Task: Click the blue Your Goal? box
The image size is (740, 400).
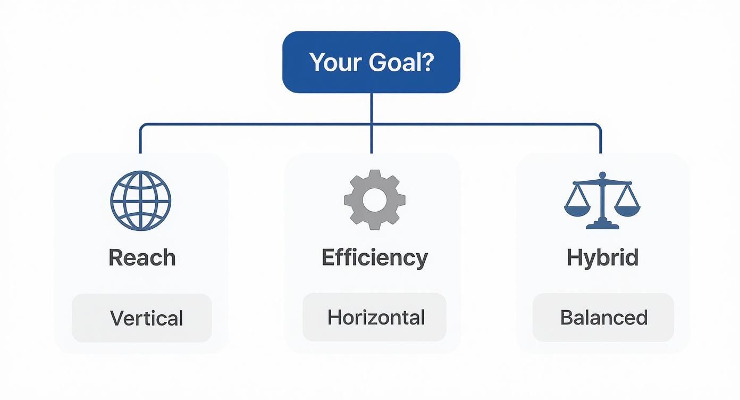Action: point(371,62)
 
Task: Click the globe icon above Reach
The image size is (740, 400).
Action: point(141,201)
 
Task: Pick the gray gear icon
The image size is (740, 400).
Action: point(374,200)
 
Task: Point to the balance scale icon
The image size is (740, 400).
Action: point(602,201)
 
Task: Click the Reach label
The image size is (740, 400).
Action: point(142,258)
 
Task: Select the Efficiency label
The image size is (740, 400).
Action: point(374,258)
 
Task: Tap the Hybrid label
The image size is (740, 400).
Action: point(602,258)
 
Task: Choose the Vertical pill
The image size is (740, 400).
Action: point(142,318)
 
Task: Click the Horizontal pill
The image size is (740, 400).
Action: point(374,318)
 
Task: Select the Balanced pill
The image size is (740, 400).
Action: point(603,318)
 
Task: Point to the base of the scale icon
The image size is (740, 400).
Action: point(602,226)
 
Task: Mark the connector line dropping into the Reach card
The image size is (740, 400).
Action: point(140,141)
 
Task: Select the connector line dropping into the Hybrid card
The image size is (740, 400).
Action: point(601,141)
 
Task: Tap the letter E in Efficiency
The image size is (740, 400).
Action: point(329,258)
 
